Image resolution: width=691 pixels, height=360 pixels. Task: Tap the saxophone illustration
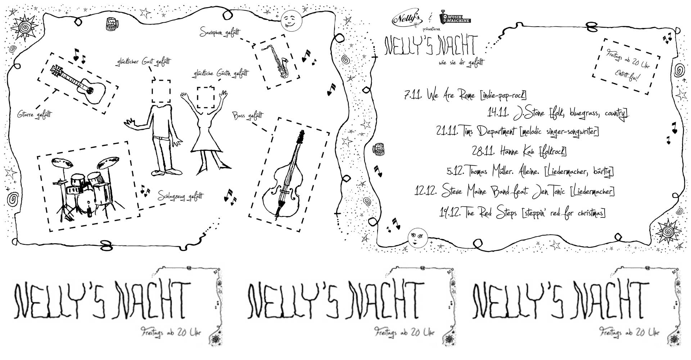pyautogui.click(x=275, y=61)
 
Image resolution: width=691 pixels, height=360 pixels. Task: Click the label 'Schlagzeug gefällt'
pyautogui.click(x=180, y=196)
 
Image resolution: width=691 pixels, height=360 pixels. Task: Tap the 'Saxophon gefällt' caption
pyautogui.click(x=220, y=33)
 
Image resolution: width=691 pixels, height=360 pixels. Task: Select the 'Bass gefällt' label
pyautogui.click(x=248, y=116)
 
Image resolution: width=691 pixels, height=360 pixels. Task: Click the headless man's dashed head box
pyautogui.click(x=161, y=91)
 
